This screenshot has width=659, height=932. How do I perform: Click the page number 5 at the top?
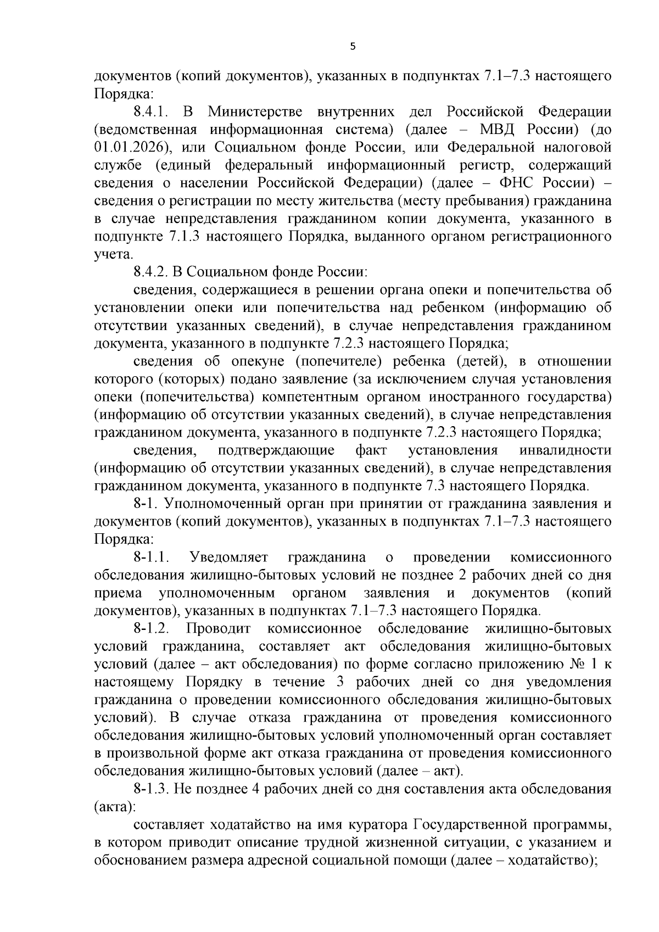pyautogui.click(x=353, y=47)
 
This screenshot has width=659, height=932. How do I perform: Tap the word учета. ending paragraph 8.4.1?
pyautogui.click(x=114, y=255)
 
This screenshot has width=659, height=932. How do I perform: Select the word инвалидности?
pyautogui.click(x=565, y=450)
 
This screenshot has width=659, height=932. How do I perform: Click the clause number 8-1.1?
pyautogui.click(x=150, y=557)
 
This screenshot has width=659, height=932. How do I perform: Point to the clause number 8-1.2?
pyautogui.click(x=150, y=629)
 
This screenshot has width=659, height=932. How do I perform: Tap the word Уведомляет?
pyautogui.click(x=228, y=557)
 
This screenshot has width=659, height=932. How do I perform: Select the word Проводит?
pyautogui.click(x=219, y=629)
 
